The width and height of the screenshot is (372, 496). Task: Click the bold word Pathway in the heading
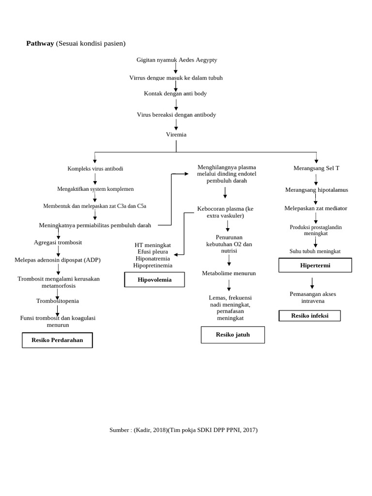tap(40, 44)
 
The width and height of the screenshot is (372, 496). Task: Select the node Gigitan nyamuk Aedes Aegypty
tap(177, 60)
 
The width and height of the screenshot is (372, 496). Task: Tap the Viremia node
tap(176, 134)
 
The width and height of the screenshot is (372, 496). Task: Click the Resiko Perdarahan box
tap(57, 340)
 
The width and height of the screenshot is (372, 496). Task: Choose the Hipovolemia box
tap(155, 279)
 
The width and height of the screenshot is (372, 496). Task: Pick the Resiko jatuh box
tap(232, 335)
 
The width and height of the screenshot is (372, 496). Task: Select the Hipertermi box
tap(315, 265)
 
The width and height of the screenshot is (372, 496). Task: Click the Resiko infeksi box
tap(310, 316)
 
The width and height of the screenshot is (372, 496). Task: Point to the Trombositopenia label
tap(57, 301)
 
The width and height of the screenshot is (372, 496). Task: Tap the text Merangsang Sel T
tap(316, 168)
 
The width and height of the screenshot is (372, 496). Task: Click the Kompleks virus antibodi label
tap(95, 169)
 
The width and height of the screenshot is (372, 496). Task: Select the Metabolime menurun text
tap(229, 273)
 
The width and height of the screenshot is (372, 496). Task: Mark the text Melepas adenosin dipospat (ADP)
tap(58, 260)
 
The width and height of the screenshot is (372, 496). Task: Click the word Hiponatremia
tap(153, 259)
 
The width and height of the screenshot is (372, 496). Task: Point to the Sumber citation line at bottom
tap(183, 430)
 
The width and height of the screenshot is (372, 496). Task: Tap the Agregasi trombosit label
tap(58, 242)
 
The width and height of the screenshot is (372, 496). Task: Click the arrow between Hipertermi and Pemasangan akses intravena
tap(312, 283)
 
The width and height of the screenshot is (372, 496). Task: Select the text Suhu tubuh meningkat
tap(315, 251)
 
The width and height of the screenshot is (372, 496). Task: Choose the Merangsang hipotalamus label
tap(316, 190)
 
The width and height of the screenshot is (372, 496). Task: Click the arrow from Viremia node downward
tap(176, 145)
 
